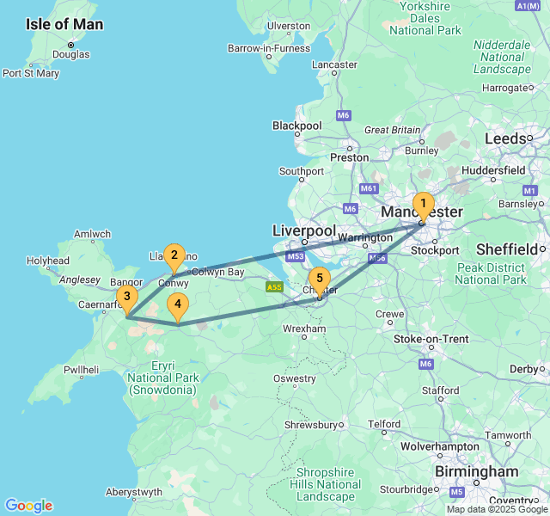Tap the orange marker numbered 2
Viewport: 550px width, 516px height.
point(174,255)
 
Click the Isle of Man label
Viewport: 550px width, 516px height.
point(64,24)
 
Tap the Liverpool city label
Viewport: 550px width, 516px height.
point(303,231)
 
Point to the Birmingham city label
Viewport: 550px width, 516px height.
point(476,472)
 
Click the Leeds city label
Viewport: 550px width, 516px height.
point(505,138)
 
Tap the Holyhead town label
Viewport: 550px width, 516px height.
point(48,261)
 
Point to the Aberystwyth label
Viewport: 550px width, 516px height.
point(133,493)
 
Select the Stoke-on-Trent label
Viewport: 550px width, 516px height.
point(431,339)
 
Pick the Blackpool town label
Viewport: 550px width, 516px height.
point(297,126)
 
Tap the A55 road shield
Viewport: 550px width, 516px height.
point(274,286)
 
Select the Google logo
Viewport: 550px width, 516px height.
point(28,506)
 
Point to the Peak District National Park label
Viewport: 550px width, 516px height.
point(490,273)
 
